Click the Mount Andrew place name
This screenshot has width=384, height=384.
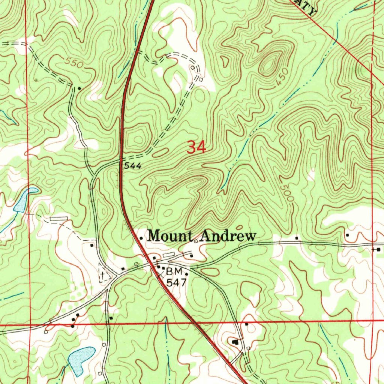202,236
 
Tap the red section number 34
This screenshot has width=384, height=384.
196,147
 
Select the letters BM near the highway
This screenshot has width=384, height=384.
174,271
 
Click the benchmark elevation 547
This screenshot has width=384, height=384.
176,282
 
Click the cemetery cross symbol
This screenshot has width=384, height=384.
102,274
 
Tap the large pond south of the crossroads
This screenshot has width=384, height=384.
81,358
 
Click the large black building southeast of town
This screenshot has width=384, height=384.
235,342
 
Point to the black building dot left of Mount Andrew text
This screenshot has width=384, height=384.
141,238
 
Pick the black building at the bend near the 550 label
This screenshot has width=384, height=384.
79,88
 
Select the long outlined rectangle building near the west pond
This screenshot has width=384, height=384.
58,218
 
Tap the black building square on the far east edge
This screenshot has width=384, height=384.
378,249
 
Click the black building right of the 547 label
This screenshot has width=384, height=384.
187,274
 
